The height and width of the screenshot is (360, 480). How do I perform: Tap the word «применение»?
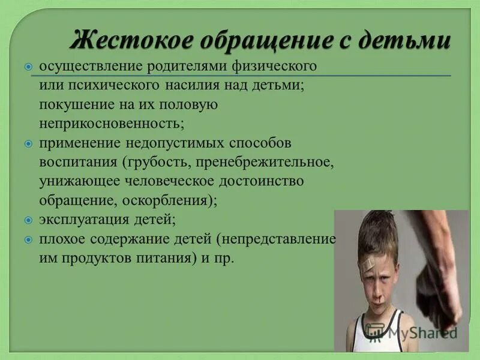pos(80,143)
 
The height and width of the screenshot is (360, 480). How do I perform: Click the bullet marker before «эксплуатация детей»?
pos(29,220)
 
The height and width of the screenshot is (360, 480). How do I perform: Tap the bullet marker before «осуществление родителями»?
pos(29,66)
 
